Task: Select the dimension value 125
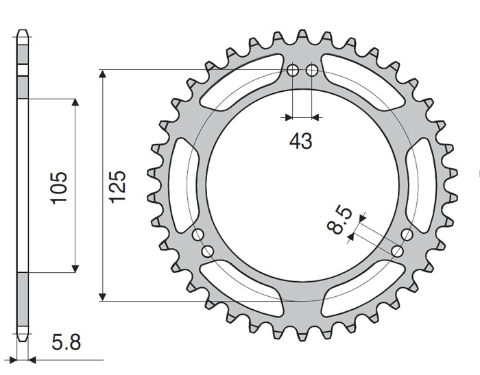pyautogui.click(x=117, y=186)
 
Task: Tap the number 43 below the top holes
pyautogui.click(x=300, y=141)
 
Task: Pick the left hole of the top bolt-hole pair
pyautogui.click(x=292, y=71)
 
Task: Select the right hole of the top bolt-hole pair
pyautogui.click(x=311, y=71)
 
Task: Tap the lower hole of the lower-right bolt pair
pyautogui.click(x=396, y=251)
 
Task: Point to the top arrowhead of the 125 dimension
pyautogui.click(x=103, y=74)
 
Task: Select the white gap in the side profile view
pyautogui.click(x=23, y=69)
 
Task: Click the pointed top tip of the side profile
pyautogui.click(x=23, y=31)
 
